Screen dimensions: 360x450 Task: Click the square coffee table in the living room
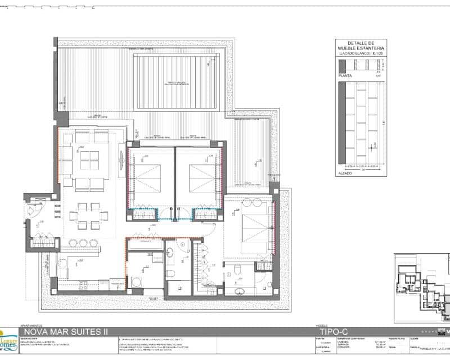coord(89,161)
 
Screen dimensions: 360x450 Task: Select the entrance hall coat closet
coord(43,242)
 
